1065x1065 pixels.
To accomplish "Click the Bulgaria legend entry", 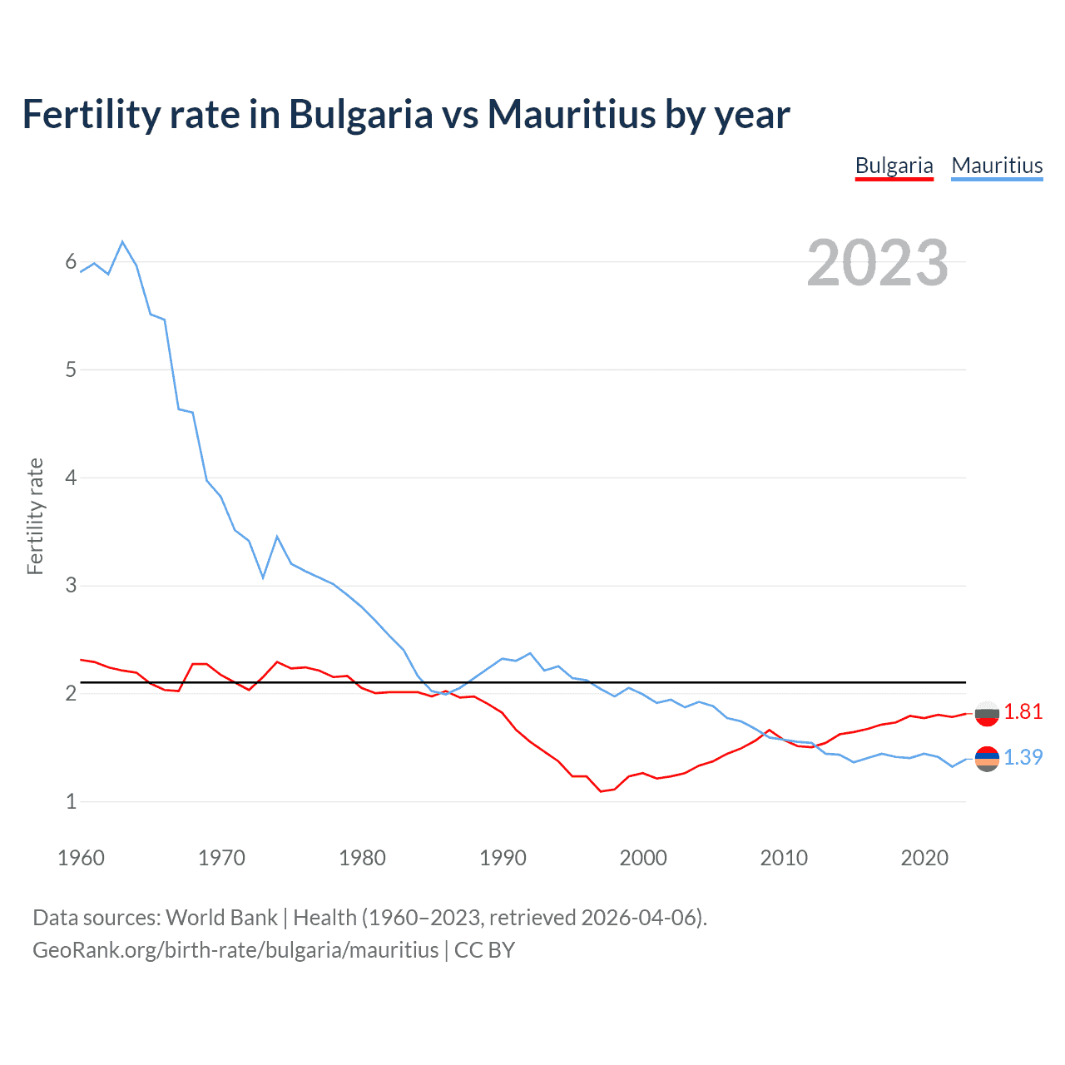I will [x=894, y=166].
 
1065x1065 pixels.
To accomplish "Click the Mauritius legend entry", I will [x=997, y=166].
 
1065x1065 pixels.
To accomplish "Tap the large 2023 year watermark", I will [x=877, y=263].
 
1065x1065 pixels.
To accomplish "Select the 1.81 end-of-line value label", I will [x=1023, y=711].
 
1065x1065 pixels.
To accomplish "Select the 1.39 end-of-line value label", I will [x=1023, y=757].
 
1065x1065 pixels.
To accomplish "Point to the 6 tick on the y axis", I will [x=71, y=262].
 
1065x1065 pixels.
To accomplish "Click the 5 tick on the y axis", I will [x=71, y=369].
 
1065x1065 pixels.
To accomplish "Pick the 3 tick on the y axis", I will [x=71, y=586].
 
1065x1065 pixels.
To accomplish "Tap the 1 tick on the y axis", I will [x=71, y=801].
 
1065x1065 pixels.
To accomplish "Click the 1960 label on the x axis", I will [x=81, y=858].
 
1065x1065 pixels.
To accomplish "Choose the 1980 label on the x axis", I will [x=362, y=858].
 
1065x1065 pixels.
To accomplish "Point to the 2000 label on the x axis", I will [x=643, y=858].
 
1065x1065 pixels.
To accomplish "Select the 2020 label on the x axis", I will [x=924, y=858].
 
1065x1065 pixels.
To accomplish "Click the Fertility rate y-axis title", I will [x=35, y=516].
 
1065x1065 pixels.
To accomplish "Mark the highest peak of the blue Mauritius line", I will [x=122, y=241].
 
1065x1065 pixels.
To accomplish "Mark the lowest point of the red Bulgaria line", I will [x=601, y=791].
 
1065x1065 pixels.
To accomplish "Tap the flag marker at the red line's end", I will [x=987, y=713].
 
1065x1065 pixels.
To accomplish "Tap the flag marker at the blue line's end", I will [x=987, y=758].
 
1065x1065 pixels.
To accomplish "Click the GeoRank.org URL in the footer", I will [x=235, y=949].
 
